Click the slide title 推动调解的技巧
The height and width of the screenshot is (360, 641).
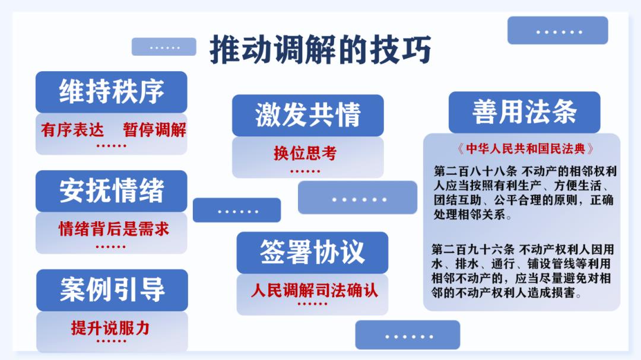(320, 49)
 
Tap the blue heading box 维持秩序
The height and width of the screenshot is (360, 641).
(111, 92)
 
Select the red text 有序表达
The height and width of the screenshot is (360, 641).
(72, 130)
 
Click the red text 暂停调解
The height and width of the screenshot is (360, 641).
(154, 130)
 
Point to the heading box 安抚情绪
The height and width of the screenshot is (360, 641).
(111, 191)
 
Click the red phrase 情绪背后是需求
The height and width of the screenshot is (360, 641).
(113, 229)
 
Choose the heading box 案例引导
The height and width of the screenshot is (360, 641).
(112, 290)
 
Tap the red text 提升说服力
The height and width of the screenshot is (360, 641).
(110, 328)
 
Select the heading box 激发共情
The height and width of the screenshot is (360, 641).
(308, 115)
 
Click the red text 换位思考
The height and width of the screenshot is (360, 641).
(305, 153)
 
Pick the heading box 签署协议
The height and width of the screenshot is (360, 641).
(312, 253)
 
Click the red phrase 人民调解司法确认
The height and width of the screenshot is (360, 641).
(315, 291)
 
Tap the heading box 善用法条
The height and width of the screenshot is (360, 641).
(525, 112)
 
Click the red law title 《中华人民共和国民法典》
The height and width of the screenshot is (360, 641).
(525, 149)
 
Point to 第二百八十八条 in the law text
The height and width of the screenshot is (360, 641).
(475, 171)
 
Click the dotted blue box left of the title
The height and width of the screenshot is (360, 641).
(164, 47)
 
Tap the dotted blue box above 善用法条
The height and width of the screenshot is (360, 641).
(557, 30)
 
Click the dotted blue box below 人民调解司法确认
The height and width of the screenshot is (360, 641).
(408, 334)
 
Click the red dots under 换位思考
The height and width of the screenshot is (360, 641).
(305, 171)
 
